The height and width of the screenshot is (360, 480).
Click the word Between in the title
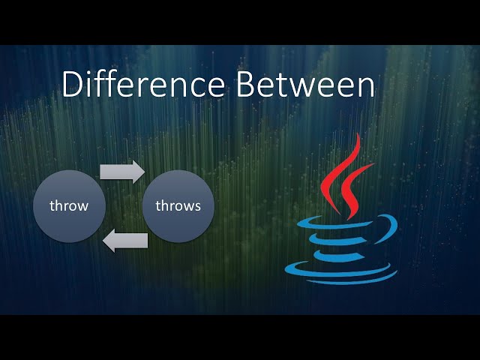point(306,85)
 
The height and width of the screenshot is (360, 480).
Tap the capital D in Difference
point(73,85)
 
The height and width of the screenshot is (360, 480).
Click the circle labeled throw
point(69,205)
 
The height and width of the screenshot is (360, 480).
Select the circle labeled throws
point(178,205)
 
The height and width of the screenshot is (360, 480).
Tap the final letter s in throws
point(197,205)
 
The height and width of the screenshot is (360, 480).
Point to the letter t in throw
point(52,205)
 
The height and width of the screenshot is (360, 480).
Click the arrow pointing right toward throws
point(122,171)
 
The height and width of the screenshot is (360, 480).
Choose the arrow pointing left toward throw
point(125,241)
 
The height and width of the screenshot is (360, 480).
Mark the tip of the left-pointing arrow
point(104,241)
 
